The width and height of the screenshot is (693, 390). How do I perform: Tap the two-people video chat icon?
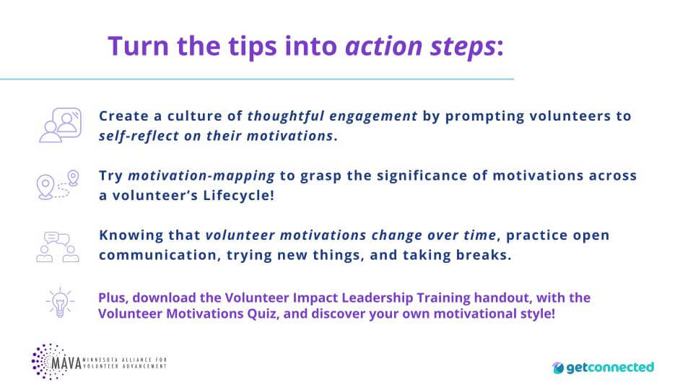coord(59,124)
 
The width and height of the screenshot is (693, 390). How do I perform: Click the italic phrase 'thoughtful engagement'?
coord(332,116)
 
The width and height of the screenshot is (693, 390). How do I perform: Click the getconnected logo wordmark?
coord(611,368)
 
